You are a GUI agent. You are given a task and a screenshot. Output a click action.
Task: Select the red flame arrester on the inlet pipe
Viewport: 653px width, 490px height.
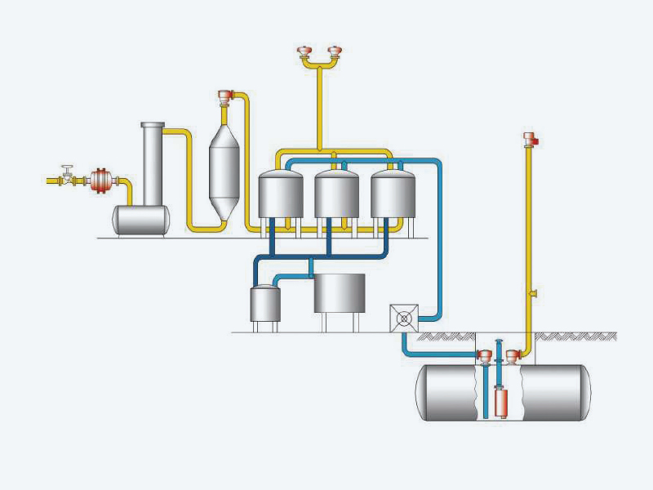point(101,180)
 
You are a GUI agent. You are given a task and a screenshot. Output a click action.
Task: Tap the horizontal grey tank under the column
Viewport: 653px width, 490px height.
point(141,220)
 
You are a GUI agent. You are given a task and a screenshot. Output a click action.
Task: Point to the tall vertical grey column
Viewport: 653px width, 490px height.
point(152,163)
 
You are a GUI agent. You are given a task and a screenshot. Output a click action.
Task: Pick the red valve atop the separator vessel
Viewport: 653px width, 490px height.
point(227,97)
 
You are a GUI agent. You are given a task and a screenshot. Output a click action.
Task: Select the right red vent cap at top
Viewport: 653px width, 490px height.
point(333,55)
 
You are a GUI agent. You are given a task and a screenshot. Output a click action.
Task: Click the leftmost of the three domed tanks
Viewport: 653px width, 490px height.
point(280,194)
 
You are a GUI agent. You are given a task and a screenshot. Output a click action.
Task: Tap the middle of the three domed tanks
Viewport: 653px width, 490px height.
point(336,194)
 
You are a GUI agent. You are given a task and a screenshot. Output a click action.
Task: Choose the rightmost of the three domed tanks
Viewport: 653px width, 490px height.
point(393,194)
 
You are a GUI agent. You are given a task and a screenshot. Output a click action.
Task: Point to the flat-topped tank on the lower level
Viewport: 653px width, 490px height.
point(340,292)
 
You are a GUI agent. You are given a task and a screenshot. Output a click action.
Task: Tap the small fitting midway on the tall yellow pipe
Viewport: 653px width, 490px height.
point(531,292)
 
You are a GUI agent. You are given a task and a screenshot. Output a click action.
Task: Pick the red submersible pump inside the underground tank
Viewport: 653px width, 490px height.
point(503,402)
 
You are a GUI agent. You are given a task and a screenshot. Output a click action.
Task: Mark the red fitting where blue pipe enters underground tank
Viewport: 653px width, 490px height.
point(483,356)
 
